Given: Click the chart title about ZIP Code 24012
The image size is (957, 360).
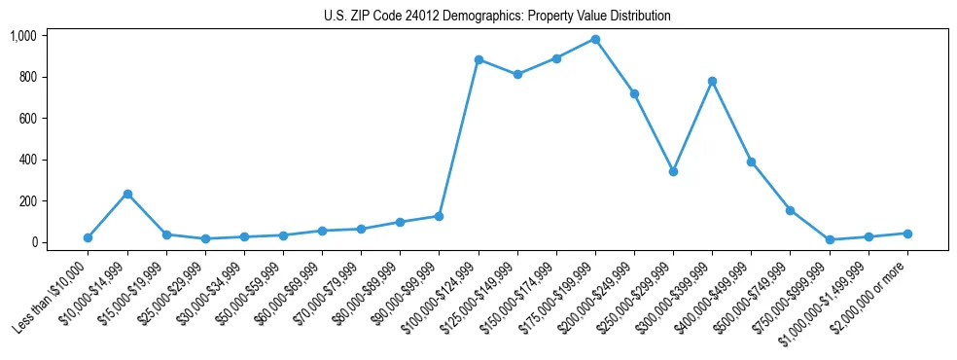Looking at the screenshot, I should [x=497, y=17].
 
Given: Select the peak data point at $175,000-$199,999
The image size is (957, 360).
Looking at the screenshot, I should [x=595, y=39].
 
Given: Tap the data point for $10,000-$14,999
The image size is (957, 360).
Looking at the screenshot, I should [x=127, y=194].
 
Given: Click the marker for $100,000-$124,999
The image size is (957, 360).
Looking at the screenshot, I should [x=478, y=59].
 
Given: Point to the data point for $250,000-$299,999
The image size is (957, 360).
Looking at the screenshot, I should [x=673, y=171].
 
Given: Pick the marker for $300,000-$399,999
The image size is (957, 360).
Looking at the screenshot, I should [x=712, y=81].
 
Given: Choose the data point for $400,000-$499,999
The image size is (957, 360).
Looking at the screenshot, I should [x=751, y=162].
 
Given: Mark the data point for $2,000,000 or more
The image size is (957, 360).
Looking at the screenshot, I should [x=907, y=234].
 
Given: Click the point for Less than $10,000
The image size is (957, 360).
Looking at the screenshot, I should [x=89, y=237].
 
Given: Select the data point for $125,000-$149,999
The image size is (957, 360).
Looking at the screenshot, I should [x=517, y=74].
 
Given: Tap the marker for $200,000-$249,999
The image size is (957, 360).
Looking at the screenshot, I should [x=634, y=93].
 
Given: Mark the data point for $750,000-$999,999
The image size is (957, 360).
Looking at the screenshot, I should [x=830, y=239].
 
